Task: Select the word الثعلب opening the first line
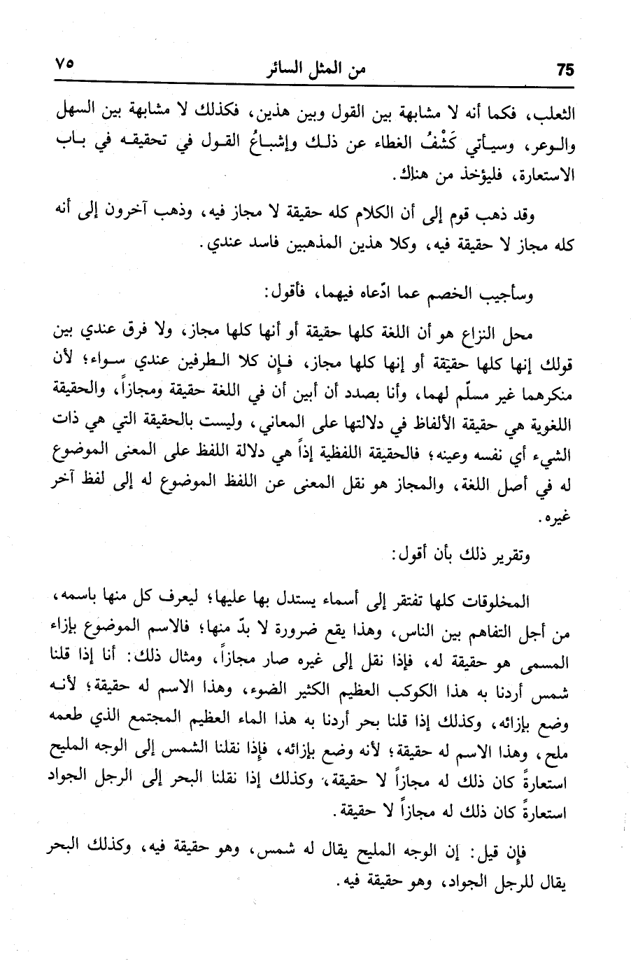[553, 113]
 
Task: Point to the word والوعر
[549, 146]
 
